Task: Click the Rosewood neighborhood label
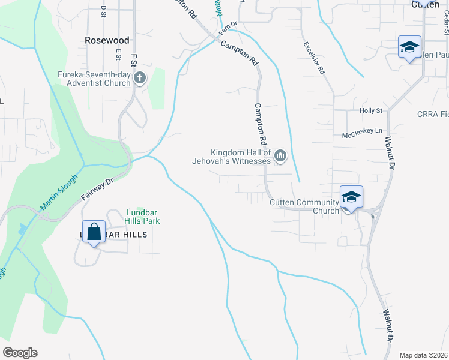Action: click(x=107, y=40)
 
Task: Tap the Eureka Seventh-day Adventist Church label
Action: click(x=94, y=79)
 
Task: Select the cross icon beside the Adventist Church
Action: click(x=140, y=77)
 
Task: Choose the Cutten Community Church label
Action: click(x=304, y=206)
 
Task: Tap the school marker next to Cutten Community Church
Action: click(x=351, y=197)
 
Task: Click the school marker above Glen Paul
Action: click(x=409, y=47)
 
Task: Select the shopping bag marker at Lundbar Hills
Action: click(x=95, y=231)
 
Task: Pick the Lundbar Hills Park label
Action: click(x=143, y=216)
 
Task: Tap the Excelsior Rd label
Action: click(x=314, y=58)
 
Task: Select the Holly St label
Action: click(x=370, y=111)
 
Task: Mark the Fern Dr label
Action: click(x=228, y=27)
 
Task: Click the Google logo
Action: click(x=20, y=353)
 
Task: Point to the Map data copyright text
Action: click(x=424, y=355)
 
